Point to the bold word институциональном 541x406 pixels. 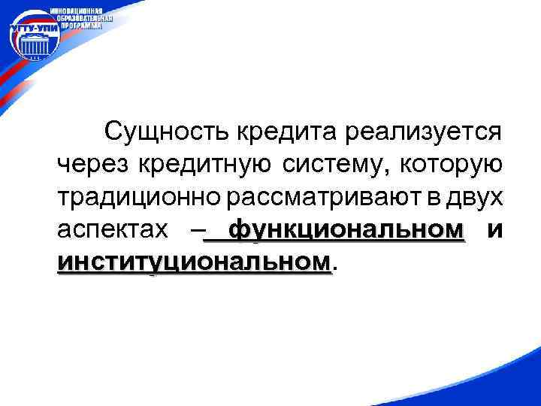(193, 262)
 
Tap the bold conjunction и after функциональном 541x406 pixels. (494, 229)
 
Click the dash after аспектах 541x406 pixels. (195, 230)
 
